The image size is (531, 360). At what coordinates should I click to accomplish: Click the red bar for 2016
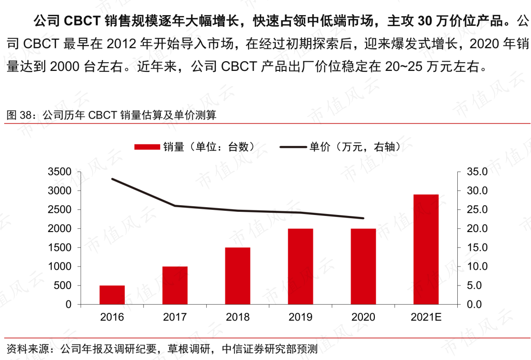[x=112, y=295]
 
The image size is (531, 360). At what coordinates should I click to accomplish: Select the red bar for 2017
[x=175, y=285]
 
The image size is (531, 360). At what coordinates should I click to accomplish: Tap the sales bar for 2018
[x=238, y=276]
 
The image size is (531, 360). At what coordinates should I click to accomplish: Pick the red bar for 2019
[x=300, y=267]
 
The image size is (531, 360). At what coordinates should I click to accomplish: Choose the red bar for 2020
[x=363, y=267]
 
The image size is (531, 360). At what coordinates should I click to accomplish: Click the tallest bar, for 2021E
[x=426, y=250]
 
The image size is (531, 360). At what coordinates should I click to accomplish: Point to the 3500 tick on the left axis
[x=59, y=172]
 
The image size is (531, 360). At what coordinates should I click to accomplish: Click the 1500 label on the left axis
[x=59, y=248]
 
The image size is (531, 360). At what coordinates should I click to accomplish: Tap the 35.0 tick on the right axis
[x=477, y=172]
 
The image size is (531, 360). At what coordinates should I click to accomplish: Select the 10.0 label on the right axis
[x=477, y=267]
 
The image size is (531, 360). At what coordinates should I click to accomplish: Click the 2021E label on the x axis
[x=426, y=317]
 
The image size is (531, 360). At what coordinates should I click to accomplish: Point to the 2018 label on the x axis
[x=238, y=317]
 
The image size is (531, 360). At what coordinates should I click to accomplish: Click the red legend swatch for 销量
[x=147, y=147]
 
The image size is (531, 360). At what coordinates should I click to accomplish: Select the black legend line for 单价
[x=293, y=147]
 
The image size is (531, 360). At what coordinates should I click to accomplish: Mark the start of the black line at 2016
[x=112, y=179]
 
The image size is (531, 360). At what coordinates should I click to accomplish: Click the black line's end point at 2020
[x=363, y=218]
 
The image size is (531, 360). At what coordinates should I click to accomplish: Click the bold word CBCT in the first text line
[x=82, y=21]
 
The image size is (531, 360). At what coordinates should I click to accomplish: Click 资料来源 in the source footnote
[x=28, y=349]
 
